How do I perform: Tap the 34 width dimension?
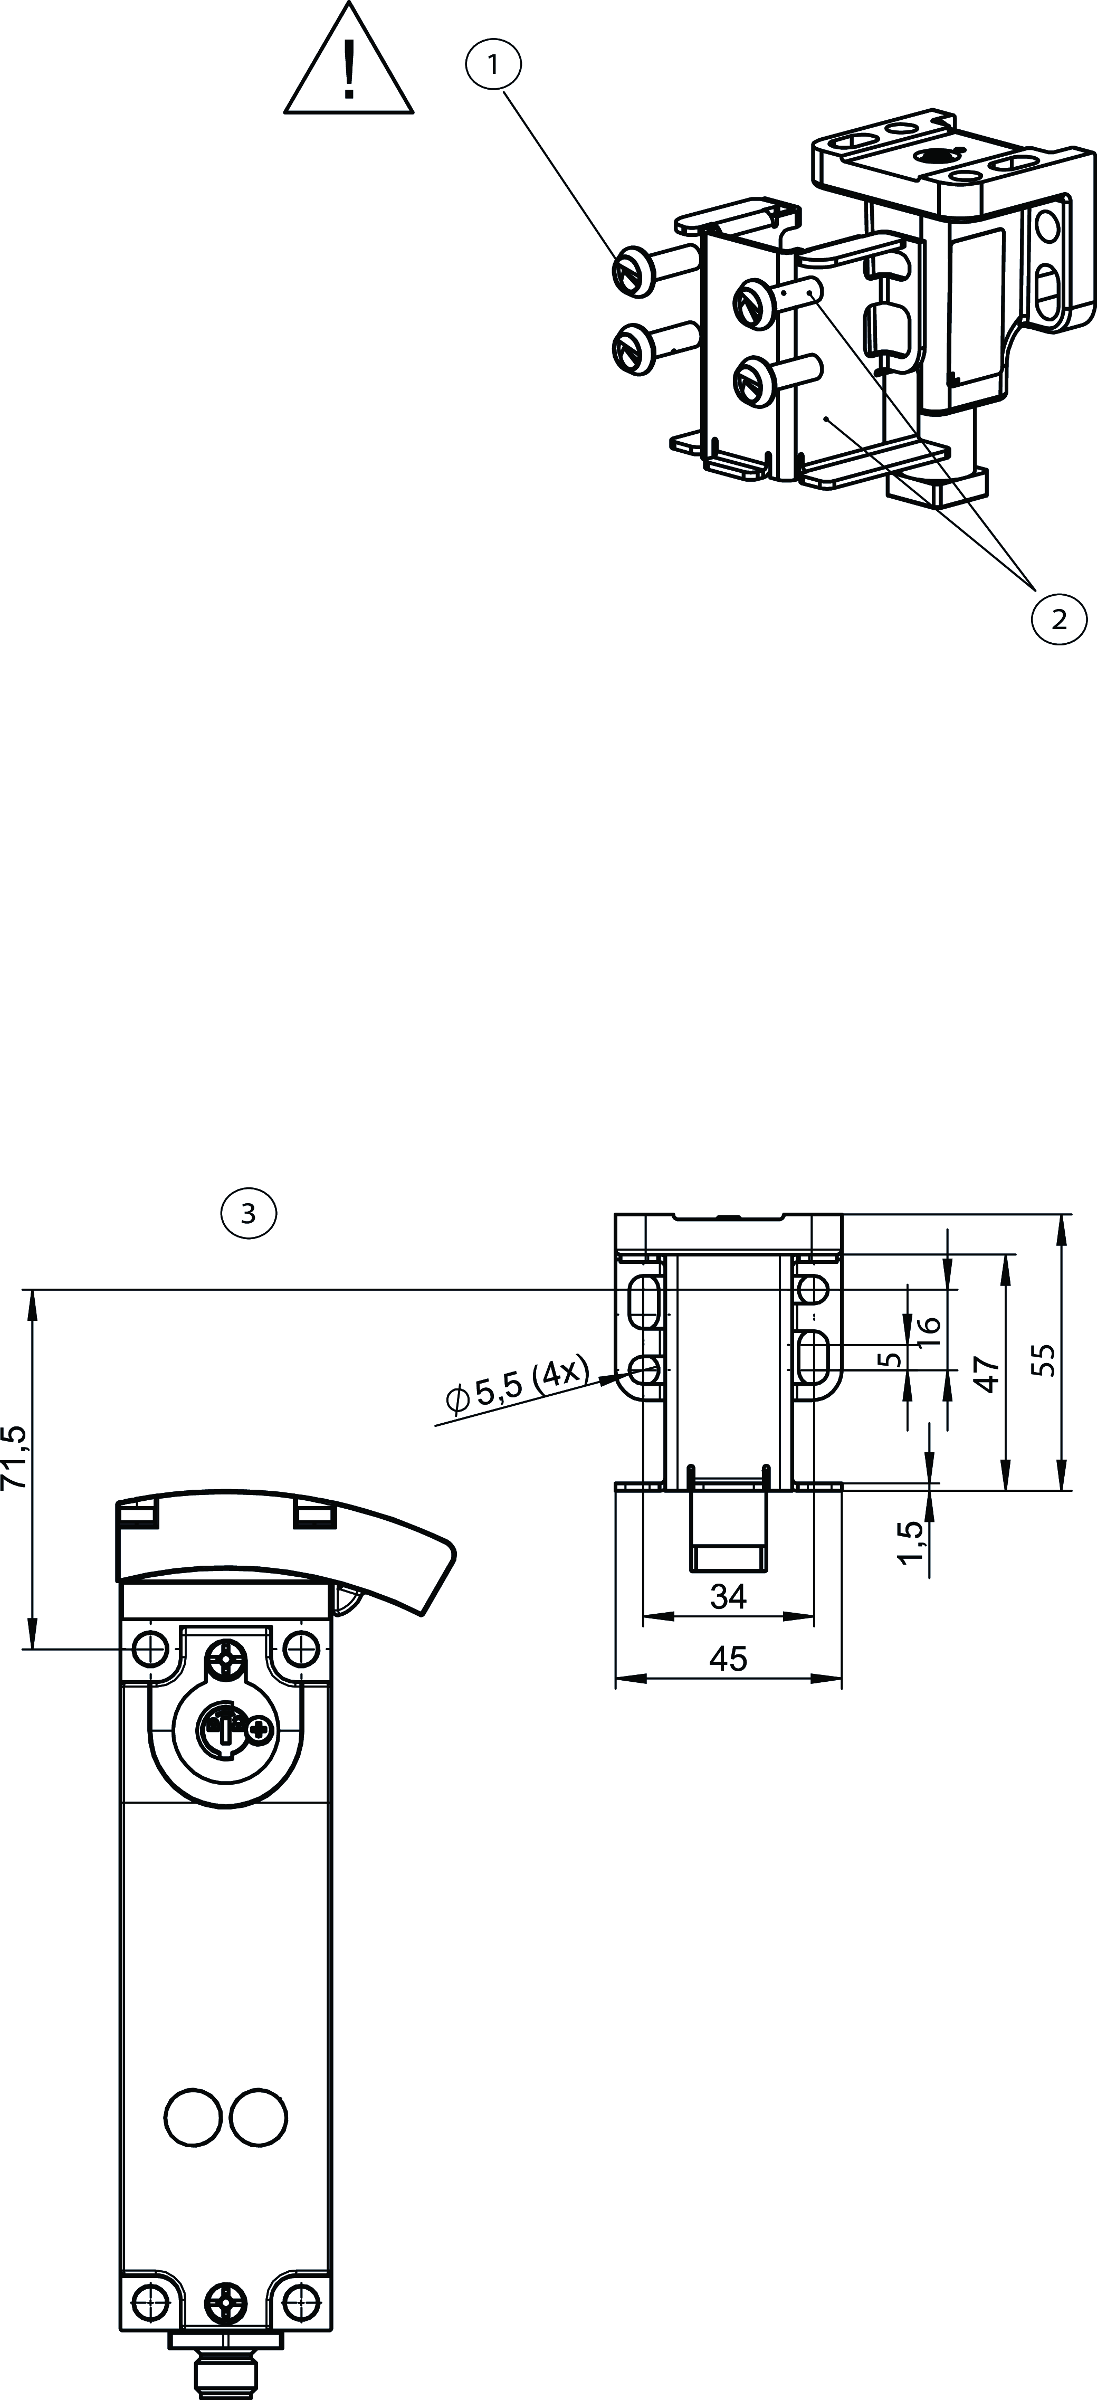click(x=728, y=1597)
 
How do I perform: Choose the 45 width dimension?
click(x=728, y=1659)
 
